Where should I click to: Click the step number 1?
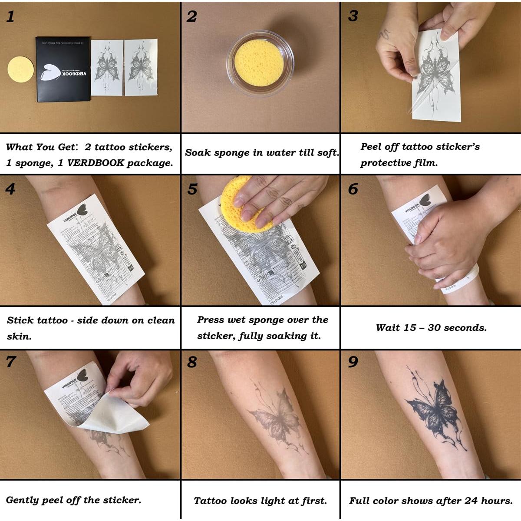[10, 16]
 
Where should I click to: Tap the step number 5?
[192, 189]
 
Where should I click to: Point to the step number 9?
[353, 362]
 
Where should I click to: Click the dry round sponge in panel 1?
[20, 69]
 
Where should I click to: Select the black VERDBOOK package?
[63, 69]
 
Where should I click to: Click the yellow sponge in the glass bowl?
[259, 62]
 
